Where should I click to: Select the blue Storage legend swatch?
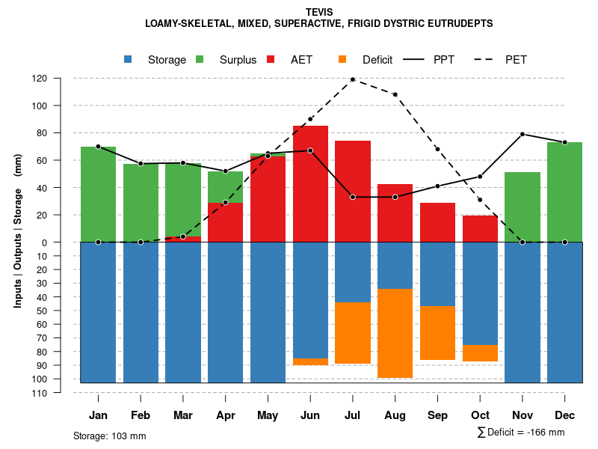129,60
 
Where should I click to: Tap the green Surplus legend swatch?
200,60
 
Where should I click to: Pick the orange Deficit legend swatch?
343,60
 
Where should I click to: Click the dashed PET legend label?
516,60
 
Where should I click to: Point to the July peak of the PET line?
352,79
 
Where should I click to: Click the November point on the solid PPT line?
523,134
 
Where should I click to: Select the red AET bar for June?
310,183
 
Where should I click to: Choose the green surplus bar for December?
564,192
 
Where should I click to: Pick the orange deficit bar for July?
352,333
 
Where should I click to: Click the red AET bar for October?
480,229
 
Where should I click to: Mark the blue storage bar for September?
437,274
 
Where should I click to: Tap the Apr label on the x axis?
225,415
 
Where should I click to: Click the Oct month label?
480,415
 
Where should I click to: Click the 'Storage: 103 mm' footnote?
109,436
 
